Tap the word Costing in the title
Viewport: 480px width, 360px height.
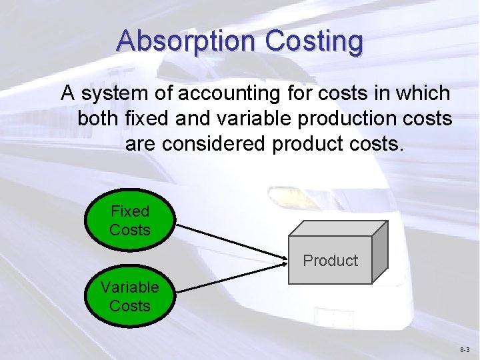[314, 41]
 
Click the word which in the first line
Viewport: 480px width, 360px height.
[421, 93]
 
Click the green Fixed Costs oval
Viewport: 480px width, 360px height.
[130, 221]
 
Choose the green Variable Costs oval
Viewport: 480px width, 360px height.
[130, 297]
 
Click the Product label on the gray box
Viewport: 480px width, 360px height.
[330, 261]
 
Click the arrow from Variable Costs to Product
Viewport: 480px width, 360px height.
[230, 278]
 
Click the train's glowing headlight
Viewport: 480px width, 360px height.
[283, 197]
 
